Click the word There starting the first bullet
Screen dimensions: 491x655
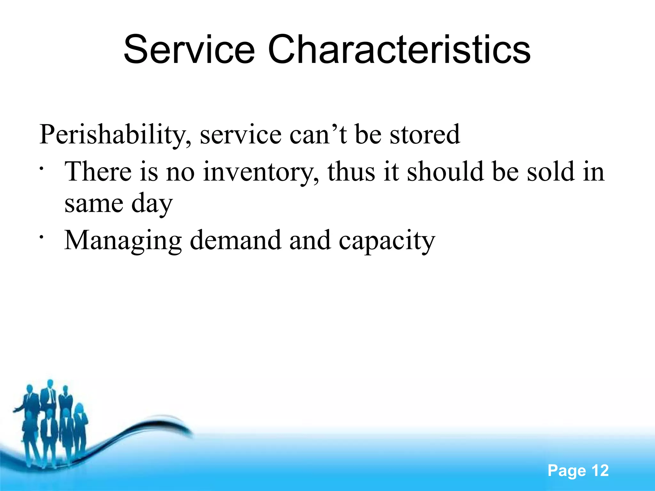tap(98, 171)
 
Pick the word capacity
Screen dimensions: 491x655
tap(387, 241)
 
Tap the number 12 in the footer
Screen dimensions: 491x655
tap(600, 471)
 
